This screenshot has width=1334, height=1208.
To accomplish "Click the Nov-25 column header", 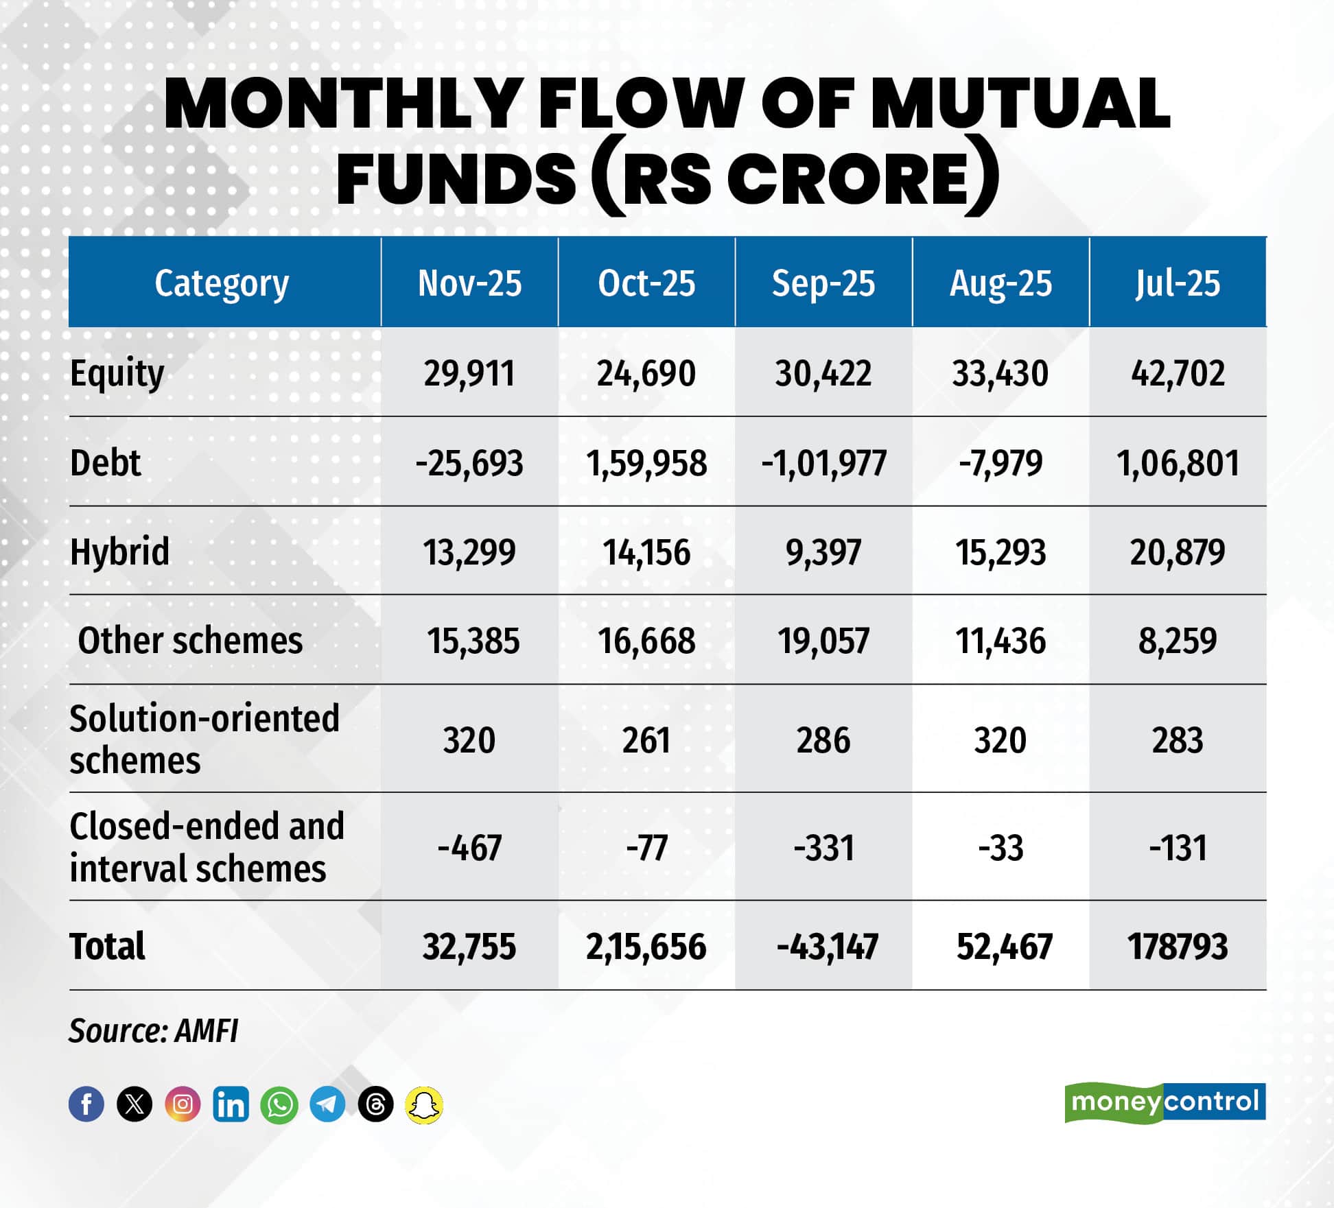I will [x=469, y=283].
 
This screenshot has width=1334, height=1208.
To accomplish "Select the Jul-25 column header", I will [x=1178, y=283].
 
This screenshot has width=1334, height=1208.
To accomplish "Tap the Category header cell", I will [x=222, y=283].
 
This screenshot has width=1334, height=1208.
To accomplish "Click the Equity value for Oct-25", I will [x=646, y=374].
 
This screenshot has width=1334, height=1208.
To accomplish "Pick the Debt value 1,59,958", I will [x=646, y=463].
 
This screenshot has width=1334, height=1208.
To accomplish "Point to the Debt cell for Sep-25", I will [x=823, y=463].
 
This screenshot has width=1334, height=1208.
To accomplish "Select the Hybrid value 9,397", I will [x=823, y=552].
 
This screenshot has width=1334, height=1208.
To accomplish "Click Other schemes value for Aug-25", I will [x=1000, y=641].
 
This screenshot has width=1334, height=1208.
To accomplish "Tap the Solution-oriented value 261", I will [x=646, y=740].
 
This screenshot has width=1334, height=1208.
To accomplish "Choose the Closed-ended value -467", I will [x=469, y=848].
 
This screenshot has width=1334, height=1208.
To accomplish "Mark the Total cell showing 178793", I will [x=1178, y=947].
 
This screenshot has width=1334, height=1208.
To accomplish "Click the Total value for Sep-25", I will [x=827, y=947].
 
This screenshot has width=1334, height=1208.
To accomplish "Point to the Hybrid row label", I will [x=119, y=552].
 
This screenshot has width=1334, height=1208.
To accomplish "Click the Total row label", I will [x=107, y=947].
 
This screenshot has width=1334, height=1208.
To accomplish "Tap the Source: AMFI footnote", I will [x=153, y=1030].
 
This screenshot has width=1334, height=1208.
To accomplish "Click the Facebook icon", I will [x=86, y=1104].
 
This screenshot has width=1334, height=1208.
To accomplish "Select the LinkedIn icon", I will [x=231, y=1104].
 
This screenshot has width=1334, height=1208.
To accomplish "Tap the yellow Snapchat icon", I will [x=424, y=1104].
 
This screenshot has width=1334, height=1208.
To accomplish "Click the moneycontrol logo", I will [x=1165, y=1102].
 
